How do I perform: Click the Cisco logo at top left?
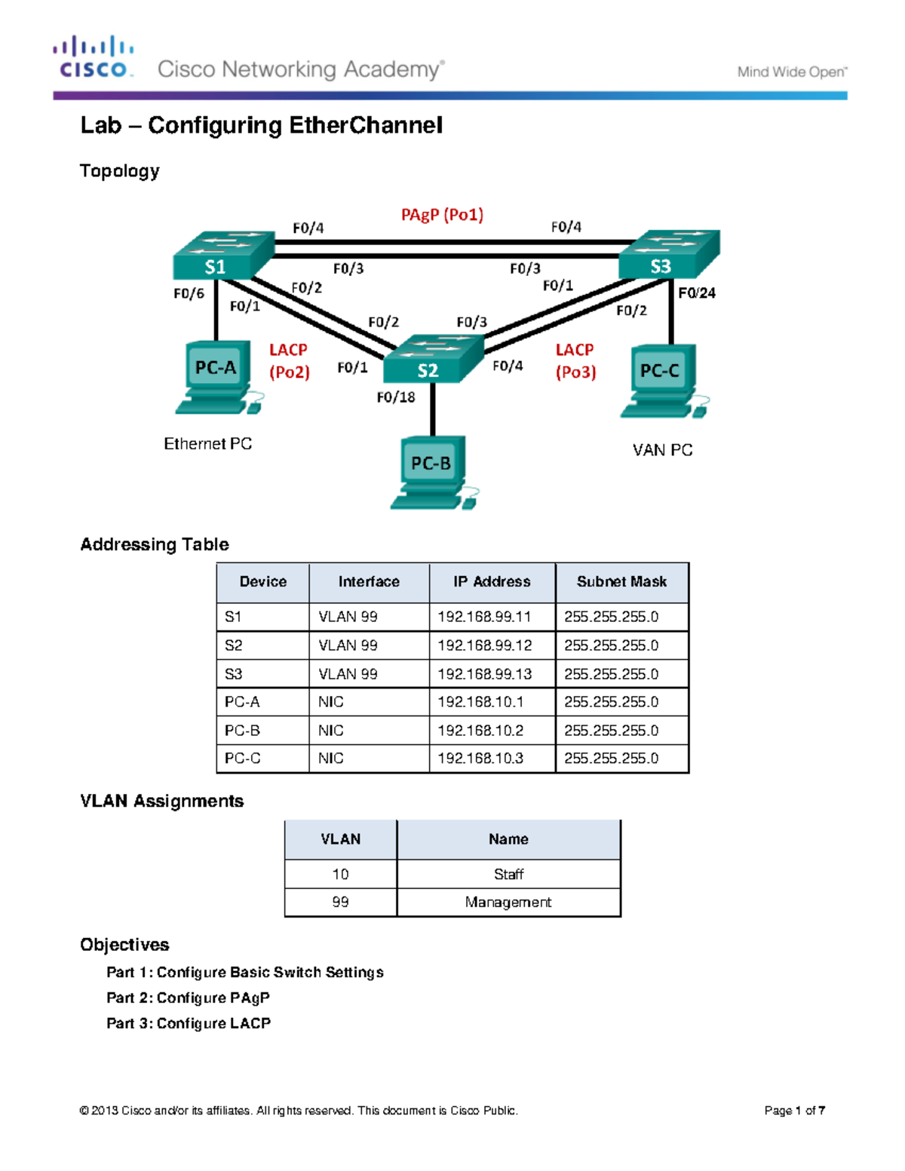(93, 57)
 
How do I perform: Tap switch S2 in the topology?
(432, 360)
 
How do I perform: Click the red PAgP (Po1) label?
(442, 215)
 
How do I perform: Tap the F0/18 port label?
(396, 397)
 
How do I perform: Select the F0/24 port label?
(696, 293)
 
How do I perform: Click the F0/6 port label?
(189, 293)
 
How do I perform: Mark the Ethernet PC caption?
(208, 444)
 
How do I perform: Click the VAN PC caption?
(662, 450)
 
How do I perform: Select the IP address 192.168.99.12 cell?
(485, 645)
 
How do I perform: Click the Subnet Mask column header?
(621, 581)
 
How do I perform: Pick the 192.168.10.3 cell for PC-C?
(480, 759)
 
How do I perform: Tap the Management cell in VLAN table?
(508, 902)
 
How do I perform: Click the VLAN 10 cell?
(340, 874)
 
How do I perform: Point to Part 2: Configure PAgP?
(188, 998)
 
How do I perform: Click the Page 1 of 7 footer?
(794, 1110)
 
